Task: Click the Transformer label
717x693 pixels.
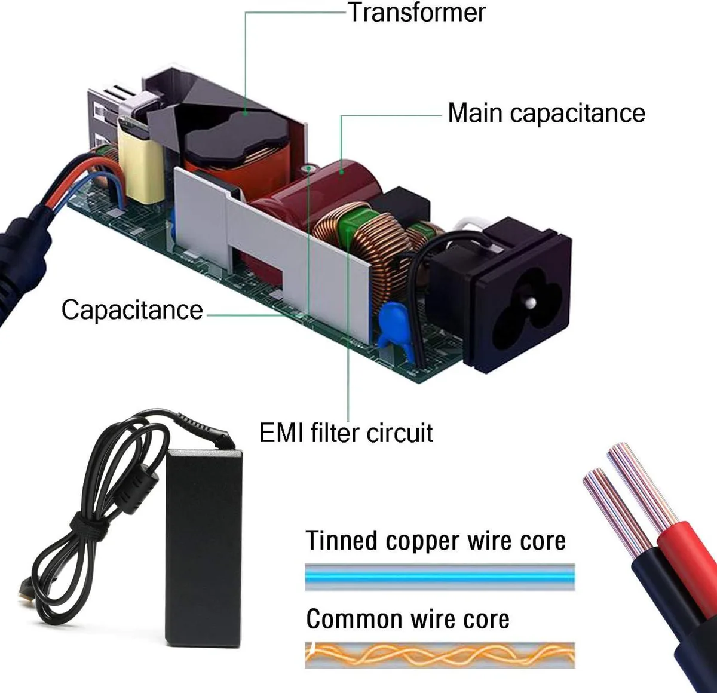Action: [x=416, y=13]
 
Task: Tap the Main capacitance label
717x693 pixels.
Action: [x=546, y=113]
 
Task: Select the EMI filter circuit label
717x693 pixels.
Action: [x=346, y=433]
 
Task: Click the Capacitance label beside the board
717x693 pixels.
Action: [x=132, y=310]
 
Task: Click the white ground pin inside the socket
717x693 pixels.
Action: [x=531, y=303]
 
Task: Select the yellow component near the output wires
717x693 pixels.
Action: [x=141, y=162]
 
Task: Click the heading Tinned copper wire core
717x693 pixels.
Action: [x=436, y=541]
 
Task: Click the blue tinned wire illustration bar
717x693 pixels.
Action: [x=440, y=578]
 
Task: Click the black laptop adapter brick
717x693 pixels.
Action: [x=204, y=549]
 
